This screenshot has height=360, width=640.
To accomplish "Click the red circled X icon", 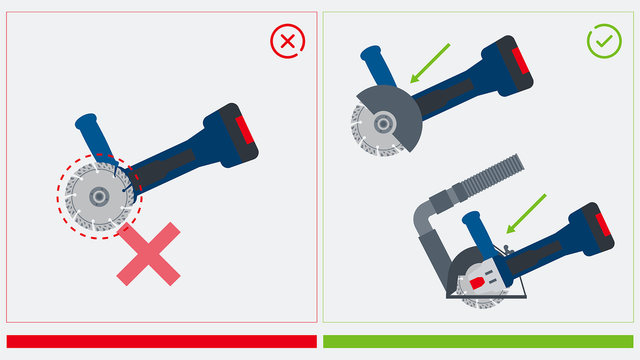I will click(288, 42).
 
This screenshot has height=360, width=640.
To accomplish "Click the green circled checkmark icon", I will click(604, 42).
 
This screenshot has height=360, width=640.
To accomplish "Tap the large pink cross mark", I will click(149, 253).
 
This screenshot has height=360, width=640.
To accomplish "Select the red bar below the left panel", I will click(162, 341).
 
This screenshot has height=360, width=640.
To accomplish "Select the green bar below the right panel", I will click(478, 341).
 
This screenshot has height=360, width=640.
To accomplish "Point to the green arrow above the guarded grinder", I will click(430, 63).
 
